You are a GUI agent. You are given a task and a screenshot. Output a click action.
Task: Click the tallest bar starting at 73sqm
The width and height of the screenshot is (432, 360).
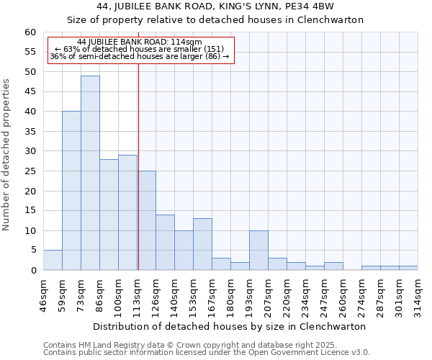[x=90, y=173]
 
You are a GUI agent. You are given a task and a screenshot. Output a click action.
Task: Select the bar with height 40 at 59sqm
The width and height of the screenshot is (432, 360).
[x=71, y=191]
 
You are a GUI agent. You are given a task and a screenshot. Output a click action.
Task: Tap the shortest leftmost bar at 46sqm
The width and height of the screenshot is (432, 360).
[x=53, y=260]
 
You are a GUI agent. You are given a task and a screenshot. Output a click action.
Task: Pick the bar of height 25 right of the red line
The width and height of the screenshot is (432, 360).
[x=147, y=220]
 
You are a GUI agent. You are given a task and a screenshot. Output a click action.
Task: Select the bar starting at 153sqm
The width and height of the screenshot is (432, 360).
[x=202, y=244]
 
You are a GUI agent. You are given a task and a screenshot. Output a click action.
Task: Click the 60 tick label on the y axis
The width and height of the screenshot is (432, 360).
[x=30, y=32]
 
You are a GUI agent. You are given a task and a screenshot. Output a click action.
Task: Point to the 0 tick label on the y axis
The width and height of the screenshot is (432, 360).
[x=33, y=271]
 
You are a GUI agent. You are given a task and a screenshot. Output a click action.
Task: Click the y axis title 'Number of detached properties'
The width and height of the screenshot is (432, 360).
[x=7, y=156]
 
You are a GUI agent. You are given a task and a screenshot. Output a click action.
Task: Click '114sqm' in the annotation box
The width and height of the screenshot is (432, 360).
[x=189, y=42]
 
